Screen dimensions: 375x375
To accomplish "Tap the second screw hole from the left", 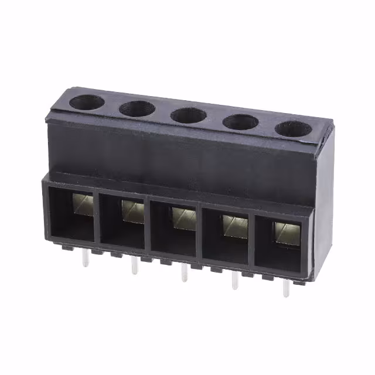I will [x=137, y=108].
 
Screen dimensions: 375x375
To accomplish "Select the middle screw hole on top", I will [x=188, y=115].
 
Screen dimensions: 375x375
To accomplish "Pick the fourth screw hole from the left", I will [x=240, y=122].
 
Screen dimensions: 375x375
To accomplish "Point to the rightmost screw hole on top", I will [x=293, y=129].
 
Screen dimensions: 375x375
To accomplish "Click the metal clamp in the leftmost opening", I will [x=83, y=204].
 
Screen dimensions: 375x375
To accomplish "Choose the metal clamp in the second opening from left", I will [x=133, y=211].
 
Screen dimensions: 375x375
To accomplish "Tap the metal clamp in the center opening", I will [x=183, y=218].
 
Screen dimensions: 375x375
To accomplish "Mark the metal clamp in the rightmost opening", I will [x=285, y=233].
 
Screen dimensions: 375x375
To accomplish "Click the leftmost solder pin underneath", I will [x=86, y=257].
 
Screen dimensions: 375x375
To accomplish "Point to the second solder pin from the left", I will [x=135, y=265].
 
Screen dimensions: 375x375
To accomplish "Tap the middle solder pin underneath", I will [x=185, y=273].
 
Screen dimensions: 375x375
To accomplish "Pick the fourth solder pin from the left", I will [x=235, y=281].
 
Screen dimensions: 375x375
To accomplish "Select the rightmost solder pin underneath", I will [x=285, y=289].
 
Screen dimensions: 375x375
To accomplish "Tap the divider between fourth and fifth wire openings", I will [x=253, y=241].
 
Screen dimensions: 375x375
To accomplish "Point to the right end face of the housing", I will [x=321, y=199].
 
